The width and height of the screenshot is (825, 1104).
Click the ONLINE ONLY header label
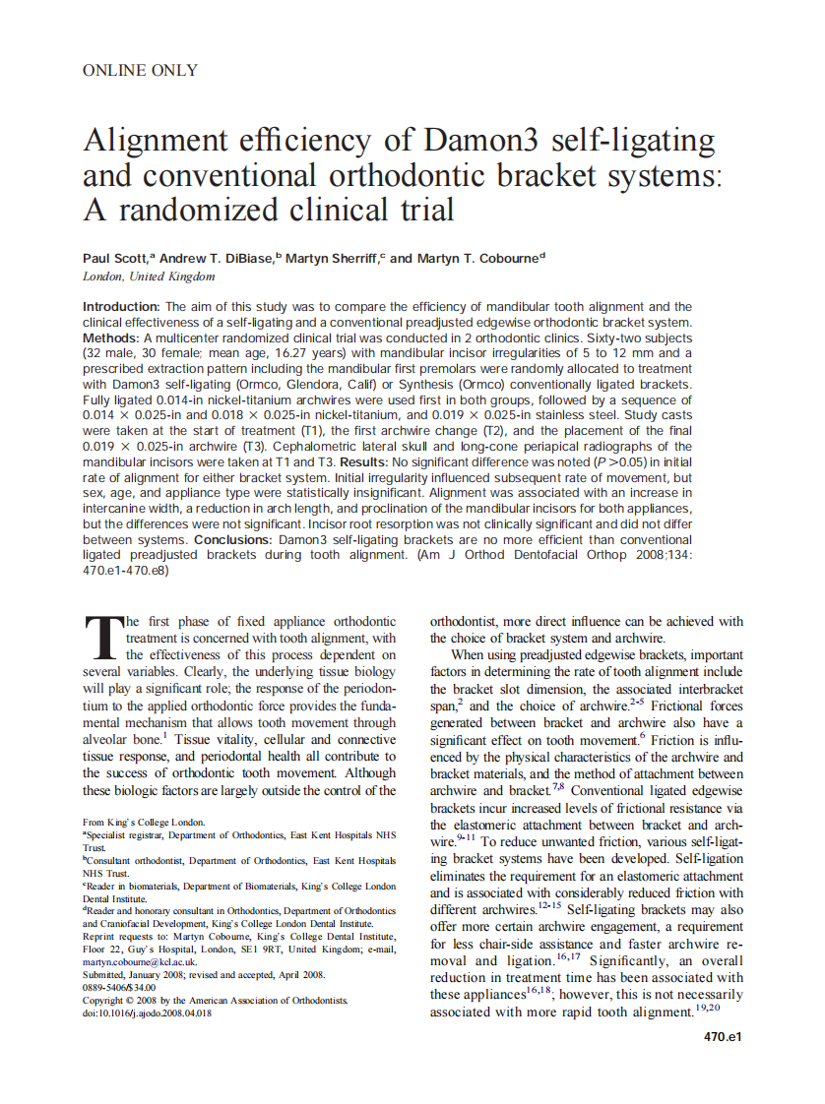pyautogui.click(x=140, y=70)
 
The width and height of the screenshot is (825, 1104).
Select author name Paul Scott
pyautogui.click(x=115, y=258)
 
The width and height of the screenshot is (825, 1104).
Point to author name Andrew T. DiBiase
pyautogui.click(x=217, y=258)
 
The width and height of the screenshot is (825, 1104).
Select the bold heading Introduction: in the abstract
pyautogui.click(x=122, y=307)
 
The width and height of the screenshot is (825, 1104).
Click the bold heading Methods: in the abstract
pyautogui.click(x=111, y=337)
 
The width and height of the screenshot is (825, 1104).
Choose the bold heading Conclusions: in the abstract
pyautogui.click(x=234, y=540)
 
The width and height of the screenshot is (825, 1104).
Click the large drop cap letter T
pyautogui.click(x=101, y=639)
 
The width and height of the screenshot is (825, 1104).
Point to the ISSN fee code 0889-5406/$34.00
pyautogui.click(x=119, y=987)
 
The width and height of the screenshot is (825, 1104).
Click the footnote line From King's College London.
pyautogui.click(x=144, y=821)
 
